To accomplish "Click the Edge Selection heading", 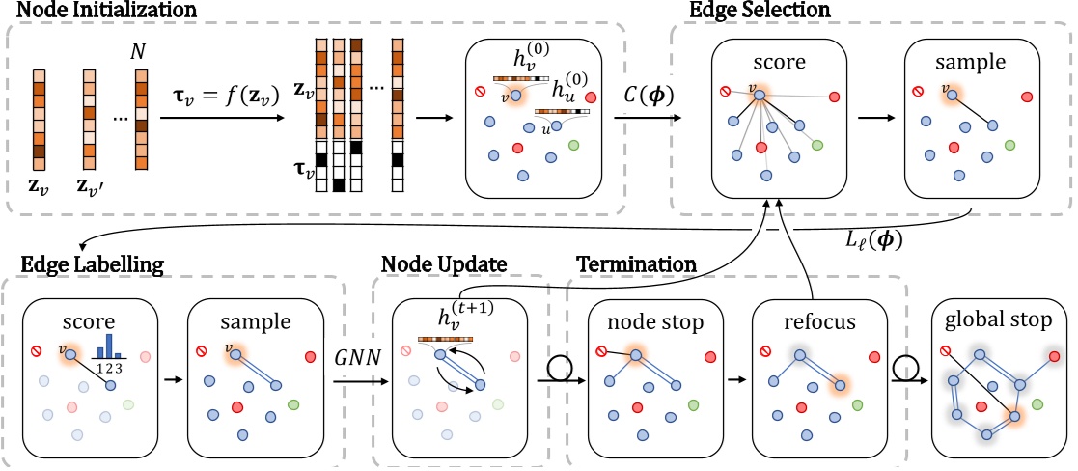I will pyautogui.click(x=774, y=11).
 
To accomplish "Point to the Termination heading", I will pyautogui.click(x=636, y=263).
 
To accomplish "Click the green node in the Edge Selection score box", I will pyautogui.click(x=817, y=145).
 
